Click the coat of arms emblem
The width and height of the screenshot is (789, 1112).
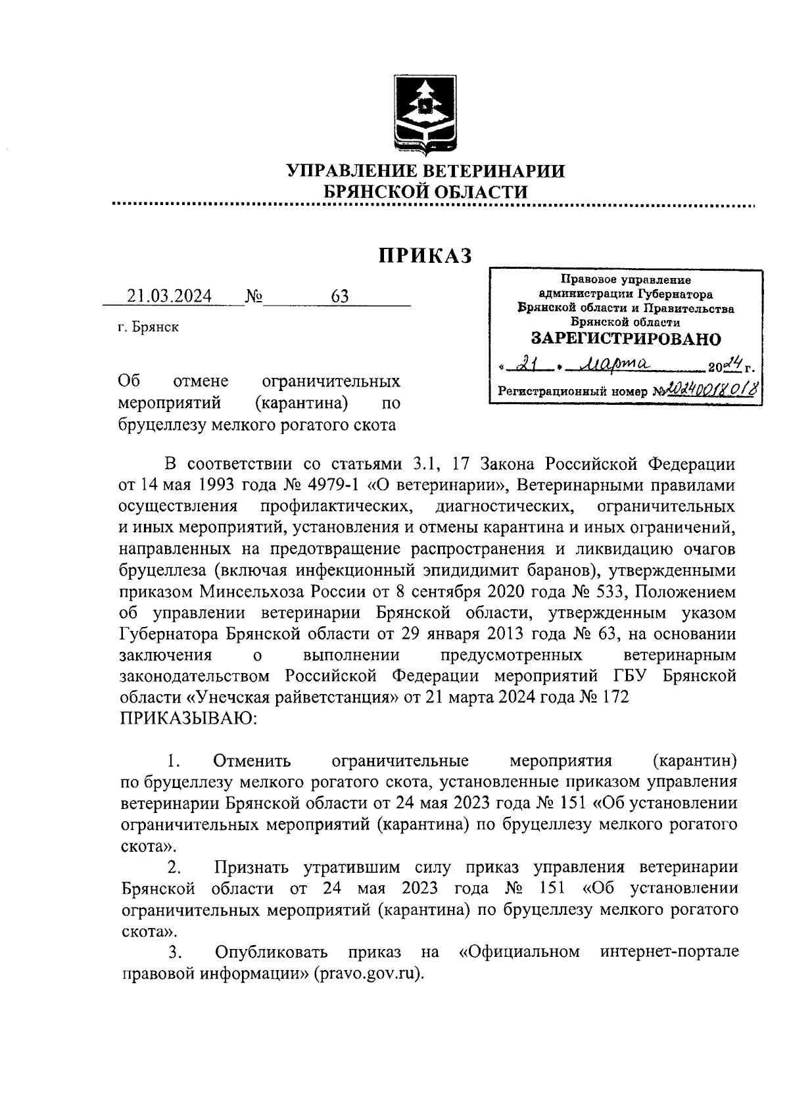click(x=425, y=115)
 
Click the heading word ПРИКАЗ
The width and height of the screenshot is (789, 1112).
click(x=425, y=256)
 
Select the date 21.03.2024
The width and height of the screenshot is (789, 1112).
click(x=170, y=296)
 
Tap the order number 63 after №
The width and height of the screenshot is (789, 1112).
click(x=340, y=296)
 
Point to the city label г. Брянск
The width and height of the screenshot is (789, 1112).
click(x=148, y=327)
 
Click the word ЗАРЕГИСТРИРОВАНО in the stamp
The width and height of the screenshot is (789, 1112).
click(x=625, y=339)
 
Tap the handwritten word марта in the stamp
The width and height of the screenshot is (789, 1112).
click(x=610, y=361)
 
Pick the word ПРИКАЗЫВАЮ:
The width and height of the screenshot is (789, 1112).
click(x=185, y=718)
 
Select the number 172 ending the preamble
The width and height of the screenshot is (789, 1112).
click(x=613, y=697)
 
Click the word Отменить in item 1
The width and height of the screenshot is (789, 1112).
click(x=252, y=761)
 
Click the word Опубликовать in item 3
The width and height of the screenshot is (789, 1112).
click(x=271, y=952)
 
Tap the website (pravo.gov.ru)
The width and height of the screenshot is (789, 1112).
click(x=370, y=973)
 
